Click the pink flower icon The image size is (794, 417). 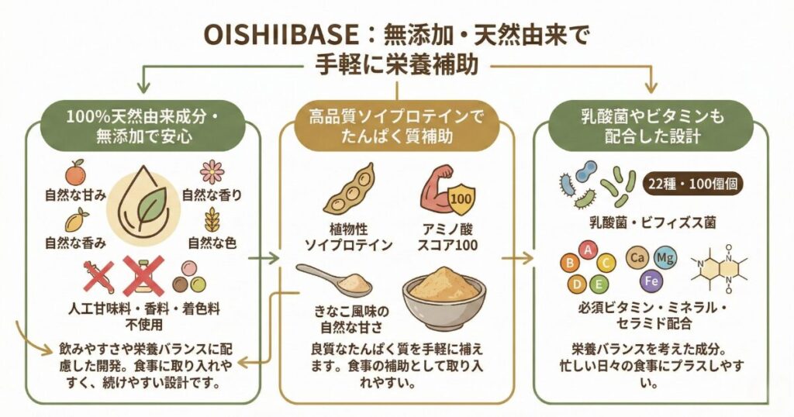(x=212, y=171)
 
